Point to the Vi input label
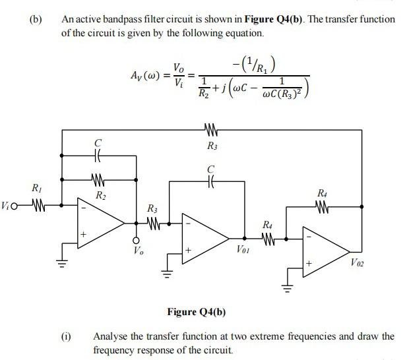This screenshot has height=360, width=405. click(x=7, y=204)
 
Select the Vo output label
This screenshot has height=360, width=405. click(x=137, y=250)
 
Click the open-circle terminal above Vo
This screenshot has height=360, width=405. click(x=137, y=239)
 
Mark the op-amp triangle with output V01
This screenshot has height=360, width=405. click(x=204, y=235)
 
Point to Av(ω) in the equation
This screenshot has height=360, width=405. click(x=146, y=71)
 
